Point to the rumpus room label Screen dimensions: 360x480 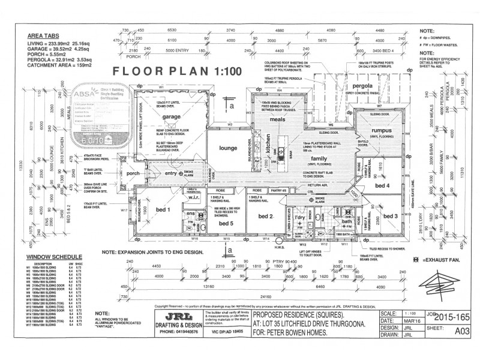click(x=382, y=130)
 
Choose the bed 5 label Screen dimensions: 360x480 click(x=226, y=223)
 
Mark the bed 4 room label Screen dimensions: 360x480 click(x=382, y=186)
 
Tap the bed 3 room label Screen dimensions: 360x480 click(x=391, y=215)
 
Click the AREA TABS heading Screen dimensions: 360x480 click(x=44, y=35)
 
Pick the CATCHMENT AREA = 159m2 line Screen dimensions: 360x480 click(x=59, y=65)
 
